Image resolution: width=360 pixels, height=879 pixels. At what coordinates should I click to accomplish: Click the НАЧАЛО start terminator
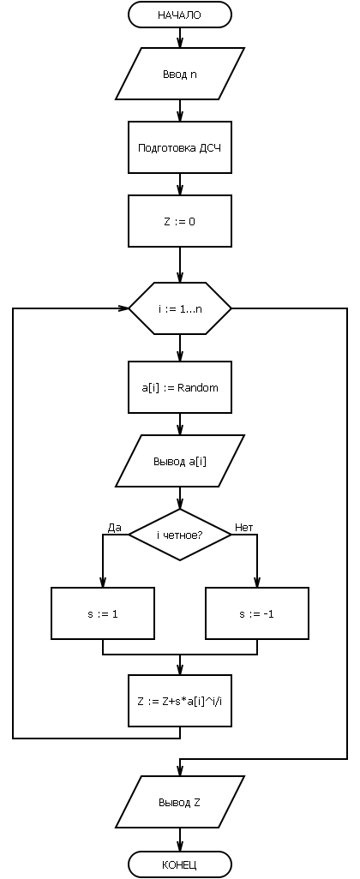pos(179,15)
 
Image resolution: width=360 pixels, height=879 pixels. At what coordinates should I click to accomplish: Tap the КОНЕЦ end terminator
pos(179,864)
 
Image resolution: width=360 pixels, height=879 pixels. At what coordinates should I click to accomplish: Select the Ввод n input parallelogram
pos(179,74)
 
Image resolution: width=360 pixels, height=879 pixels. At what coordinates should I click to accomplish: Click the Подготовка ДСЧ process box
pos(179,148)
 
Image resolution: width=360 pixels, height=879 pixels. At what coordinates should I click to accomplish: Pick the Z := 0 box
pos(179,221)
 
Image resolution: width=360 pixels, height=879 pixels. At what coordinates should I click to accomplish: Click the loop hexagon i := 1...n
pos(179,308)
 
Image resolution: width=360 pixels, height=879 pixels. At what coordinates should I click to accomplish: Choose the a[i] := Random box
pos(179,387)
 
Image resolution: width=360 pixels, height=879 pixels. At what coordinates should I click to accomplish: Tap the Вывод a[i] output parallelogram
pos(179,462)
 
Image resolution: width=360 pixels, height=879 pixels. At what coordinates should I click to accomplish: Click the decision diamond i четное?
pos(179,535)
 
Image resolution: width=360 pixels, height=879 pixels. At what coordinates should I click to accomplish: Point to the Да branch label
pos(114,528)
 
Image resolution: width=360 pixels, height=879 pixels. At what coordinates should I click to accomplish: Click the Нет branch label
pos(244,528)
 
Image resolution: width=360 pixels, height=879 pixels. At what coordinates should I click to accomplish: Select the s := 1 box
pos(103,613)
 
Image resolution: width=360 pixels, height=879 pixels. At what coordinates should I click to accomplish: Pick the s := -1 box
pos(257,613)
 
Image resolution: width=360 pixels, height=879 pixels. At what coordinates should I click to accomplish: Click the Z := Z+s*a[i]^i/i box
pos(179,700)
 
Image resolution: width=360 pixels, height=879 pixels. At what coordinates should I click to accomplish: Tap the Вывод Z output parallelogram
pos(179,802)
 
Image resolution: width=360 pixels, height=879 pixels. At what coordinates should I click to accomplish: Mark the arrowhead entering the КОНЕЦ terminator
pos(179,846)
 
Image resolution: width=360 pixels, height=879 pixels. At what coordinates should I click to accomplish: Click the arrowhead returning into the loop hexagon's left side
pos(123,308)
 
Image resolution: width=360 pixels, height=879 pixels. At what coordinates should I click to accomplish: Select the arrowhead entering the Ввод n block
pos(179,43)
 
